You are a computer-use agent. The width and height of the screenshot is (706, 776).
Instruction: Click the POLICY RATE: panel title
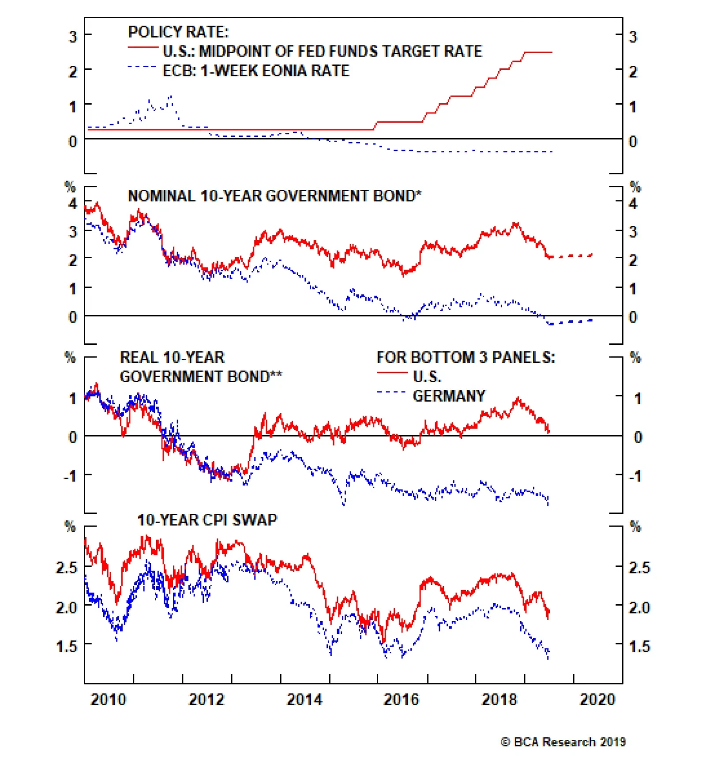pos(178,32)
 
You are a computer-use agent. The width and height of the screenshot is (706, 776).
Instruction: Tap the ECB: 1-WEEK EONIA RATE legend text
pos(256,71)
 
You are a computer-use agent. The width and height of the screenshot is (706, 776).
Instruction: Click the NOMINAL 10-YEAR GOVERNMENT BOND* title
pos(274,196)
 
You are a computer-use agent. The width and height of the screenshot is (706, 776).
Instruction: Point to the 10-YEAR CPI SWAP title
pos(207,520)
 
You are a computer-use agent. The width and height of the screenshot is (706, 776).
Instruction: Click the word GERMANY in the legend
pos(449,396)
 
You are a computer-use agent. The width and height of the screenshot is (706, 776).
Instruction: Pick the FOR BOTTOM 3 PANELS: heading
pos(466,357)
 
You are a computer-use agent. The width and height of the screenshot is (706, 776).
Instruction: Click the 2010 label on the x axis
pos(108,700)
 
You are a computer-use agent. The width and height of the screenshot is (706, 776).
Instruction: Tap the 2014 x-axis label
pos(304,700)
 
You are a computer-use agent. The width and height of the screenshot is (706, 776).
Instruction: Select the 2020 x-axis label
pos(597,700)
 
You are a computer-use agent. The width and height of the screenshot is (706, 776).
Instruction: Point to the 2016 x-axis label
pos(401,700)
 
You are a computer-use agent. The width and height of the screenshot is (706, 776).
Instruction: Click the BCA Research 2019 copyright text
pos(563,742)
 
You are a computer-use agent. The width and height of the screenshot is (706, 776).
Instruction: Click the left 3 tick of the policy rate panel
pos(73,37)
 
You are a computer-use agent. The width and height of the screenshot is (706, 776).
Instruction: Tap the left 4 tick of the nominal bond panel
pos(73,203)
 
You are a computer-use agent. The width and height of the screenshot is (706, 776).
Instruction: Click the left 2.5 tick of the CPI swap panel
pos(67,567)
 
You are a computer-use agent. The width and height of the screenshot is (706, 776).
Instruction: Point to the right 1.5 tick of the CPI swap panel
pos(639,646)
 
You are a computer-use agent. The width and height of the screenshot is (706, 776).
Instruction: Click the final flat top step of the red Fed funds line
pos(538,53)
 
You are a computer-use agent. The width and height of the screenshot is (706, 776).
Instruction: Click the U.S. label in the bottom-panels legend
pos(427,377)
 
